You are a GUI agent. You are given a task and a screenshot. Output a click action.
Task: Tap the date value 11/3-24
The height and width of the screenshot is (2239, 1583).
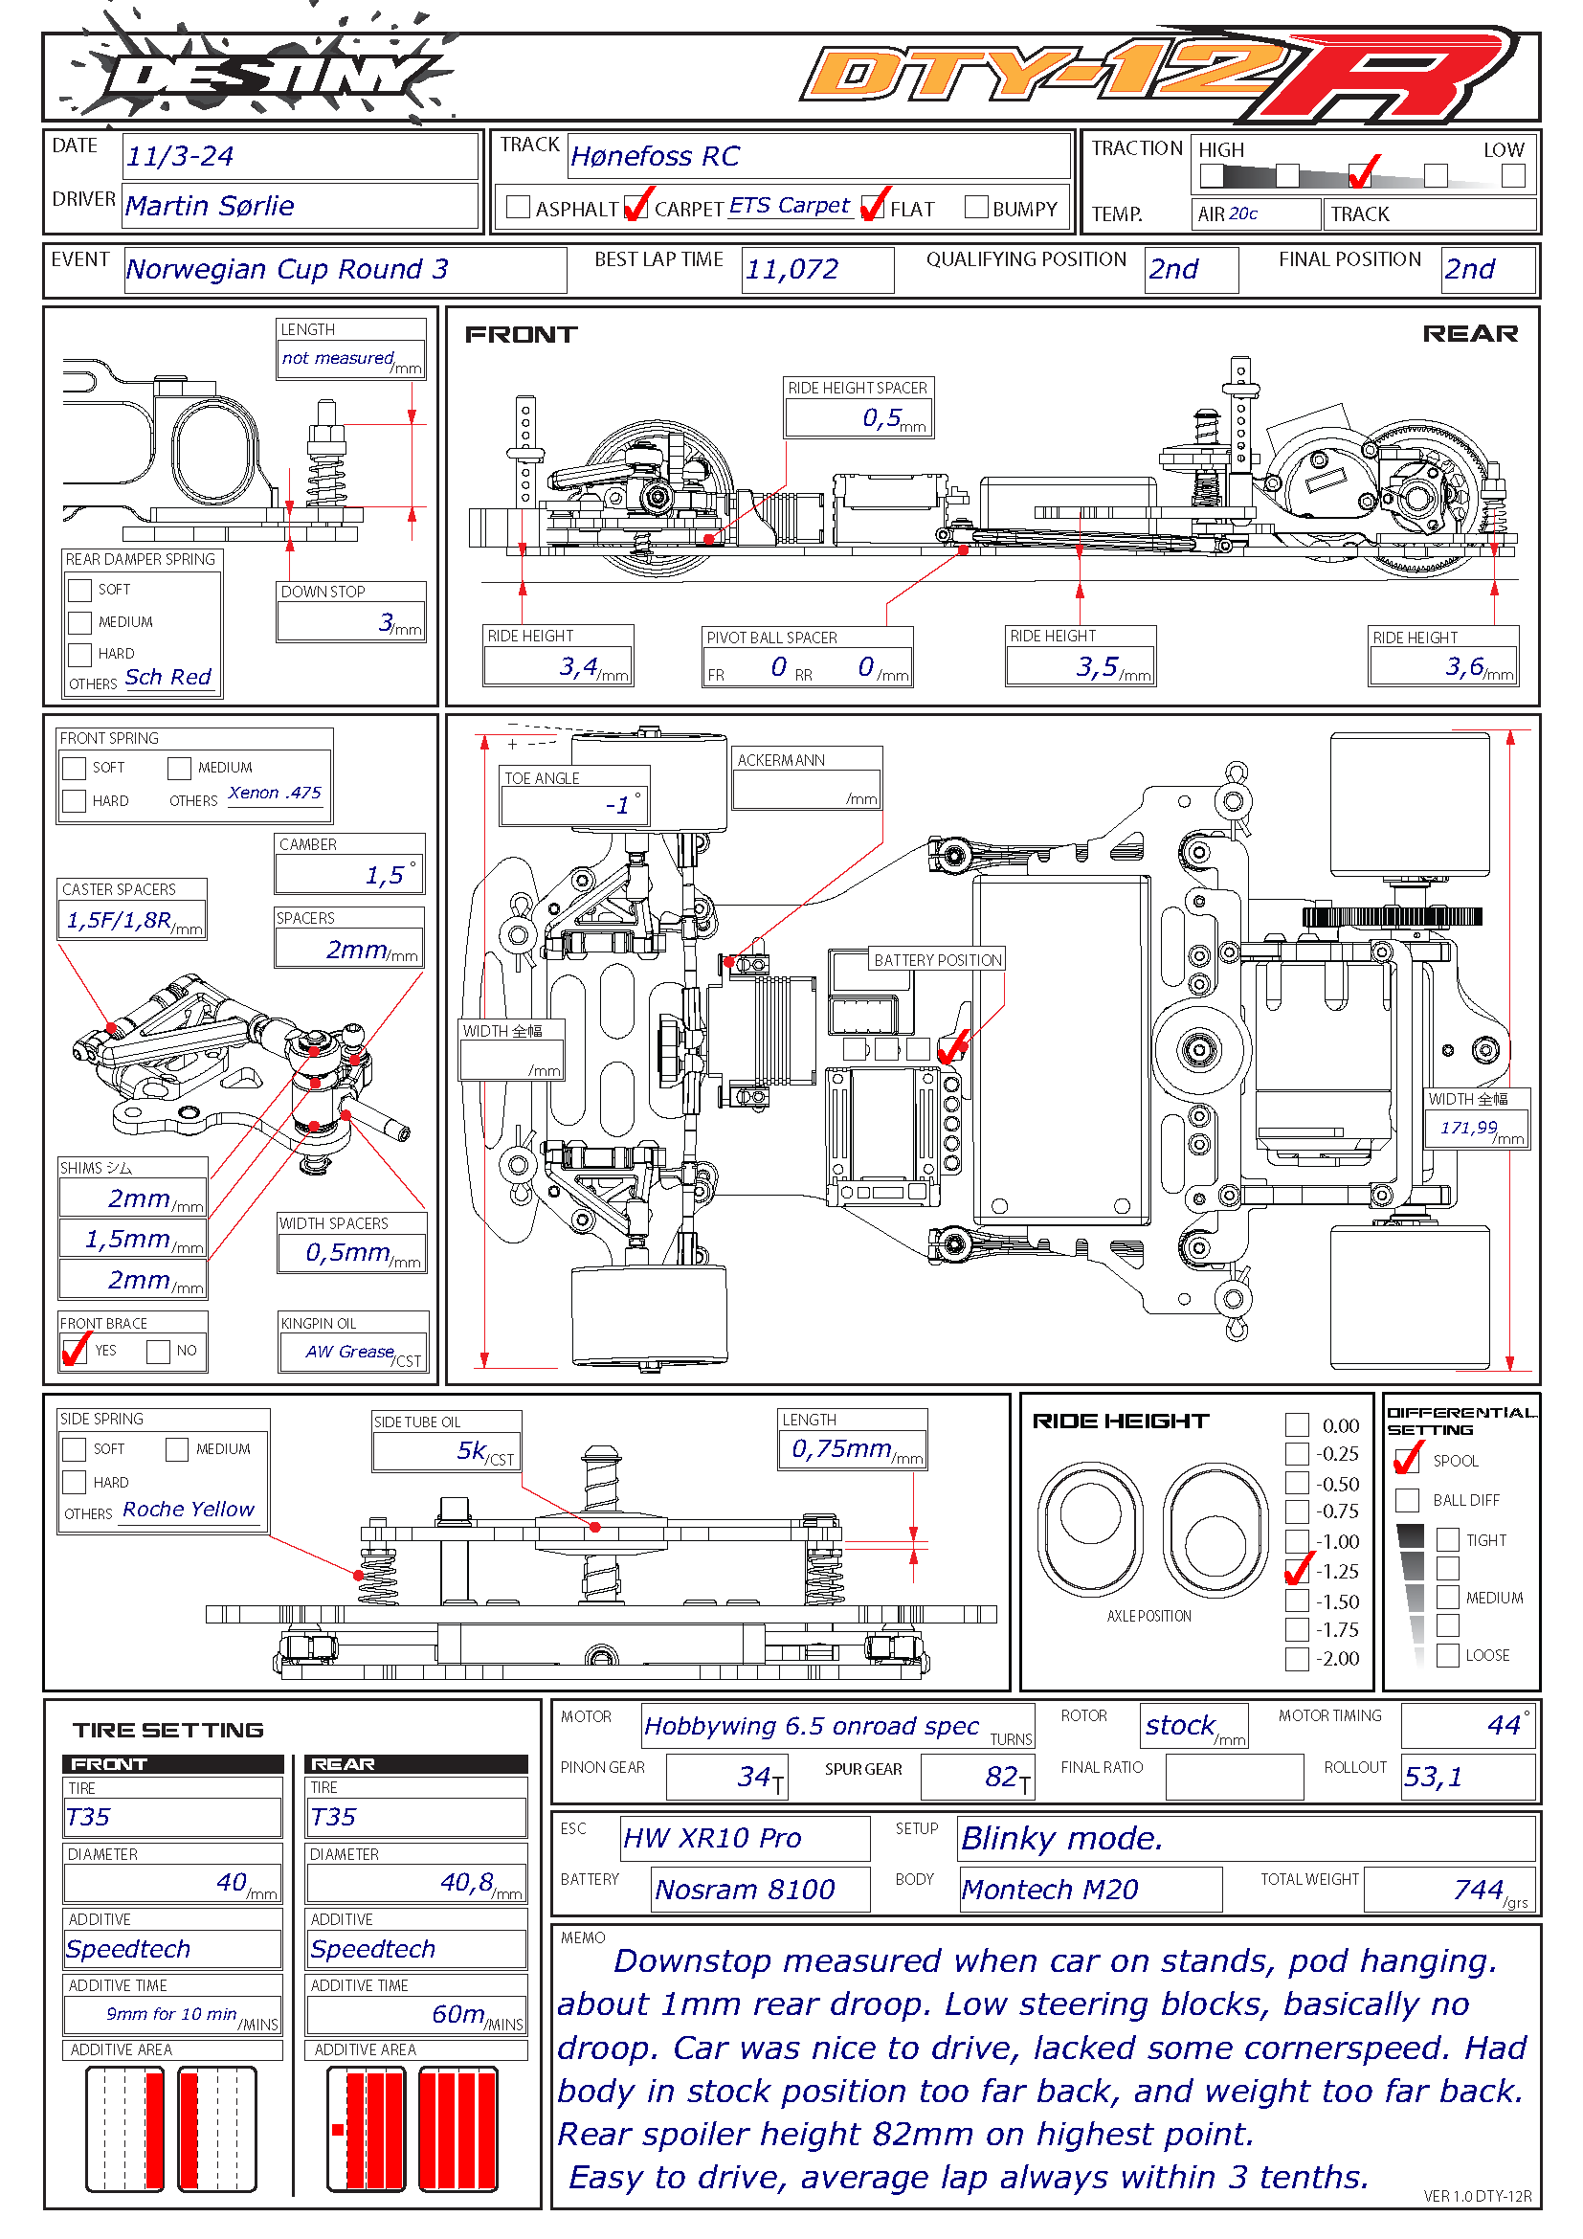180,156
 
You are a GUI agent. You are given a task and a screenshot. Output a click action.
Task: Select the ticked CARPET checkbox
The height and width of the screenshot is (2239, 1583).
636,207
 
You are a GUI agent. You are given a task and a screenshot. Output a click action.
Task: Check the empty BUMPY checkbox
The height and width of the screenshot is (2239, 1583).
975,207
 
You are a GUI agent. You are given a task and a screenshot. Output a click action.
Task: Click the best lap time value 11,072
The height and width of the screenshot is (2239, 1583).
792,269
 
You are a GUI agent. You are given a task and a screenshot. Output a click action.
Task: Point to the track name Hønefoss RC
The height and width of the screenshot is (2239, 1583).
655,156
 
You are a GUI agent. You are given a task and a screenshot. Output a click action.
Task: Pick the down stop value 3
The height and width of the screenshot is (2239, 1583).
387,622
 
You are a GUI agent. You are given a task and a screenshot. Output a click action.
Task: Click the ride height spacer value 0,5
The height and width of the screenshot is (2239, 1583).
881,418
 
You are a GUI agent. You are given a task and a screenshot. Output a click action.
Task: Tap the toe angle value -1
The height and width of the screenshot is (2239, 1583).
617,805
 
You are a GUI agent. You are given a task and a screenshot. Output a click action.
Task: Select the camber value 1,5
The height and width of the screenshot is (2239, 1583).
384,876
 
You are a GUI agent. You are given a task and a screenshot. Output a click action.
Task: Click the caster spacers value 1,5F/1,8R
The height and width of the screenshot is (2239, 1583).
119,921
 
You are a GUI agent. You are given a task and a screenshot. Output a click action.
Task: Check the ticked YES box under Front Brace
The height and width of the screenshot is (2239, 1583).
75,1351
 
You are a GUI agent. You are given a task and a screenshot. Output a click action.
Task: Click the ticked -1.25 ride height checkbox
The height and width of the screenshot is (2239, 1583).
1298,1571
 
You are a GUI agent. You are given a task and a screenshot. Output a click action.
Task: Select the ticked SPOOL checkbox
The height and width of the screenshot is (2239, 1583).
1407,1460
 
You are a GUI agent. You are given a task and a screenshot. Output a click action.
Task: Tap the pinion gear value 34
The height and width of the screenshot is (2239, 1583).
754,1777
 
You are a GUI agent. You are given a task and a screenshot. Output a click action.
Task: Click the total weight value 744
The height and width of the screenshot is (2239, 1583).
1478,1890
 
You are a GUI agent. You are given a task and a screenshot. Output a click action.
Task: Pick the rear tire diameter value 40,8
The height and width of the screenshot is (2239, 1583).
466,1882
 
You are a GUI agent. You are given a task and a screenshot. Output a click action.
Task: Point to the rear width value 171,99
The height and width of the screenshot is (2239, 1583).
1468,1129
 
